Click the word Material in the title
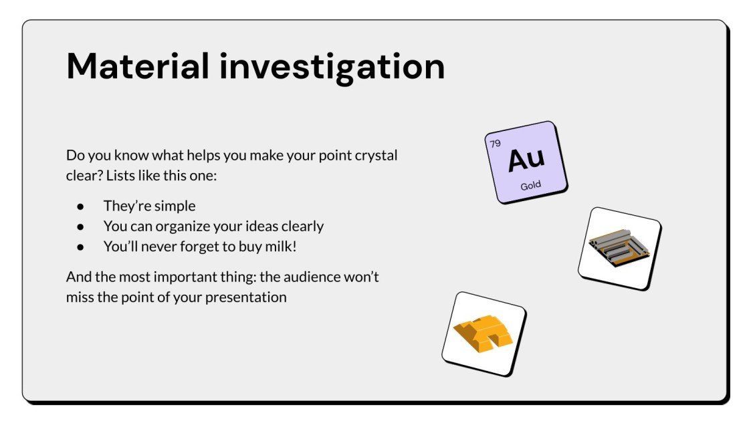coord(138,66)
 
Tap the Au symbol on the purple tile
coord(526,159)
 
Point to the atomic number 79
coord(496,144)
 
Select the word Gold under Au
coord(531,185)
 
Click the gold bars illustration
coord(484,333)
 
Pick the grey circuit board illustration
coord(619,248)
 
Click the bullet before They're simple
coord(80,206)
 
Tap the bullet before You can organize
coord(80,227)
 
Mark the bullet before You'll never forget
coord(80,247)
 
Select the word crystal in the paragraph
coord(375,156)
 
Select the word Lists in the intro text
coord(121,176)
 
